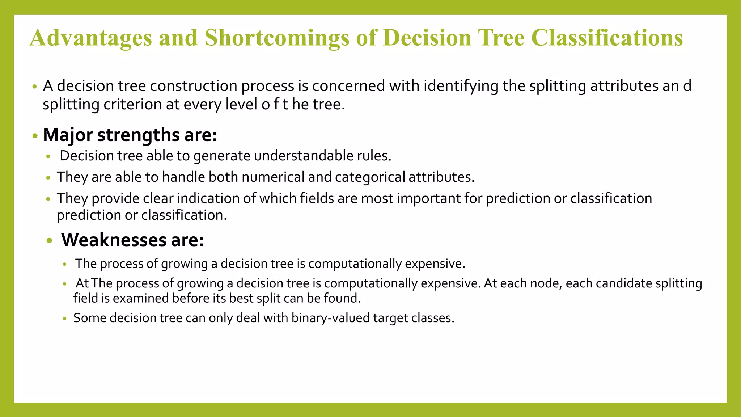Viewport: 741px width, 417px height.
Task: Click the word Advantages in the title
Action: [x=90, y=38]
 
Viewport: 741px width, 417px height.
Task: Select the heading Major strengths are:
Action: [x=130, y=135]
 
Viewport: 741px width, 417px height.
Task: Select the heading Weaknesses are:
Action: [x=132, y=240]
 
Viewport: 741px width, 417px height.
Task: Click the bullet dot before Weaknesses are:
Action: [x=50, y=241]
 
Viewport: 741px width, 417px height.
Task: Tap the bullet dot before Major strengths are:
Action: [x=35, y=136]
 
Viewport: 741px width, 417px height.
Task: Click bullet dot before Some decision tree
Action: [x=64, y=319]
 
